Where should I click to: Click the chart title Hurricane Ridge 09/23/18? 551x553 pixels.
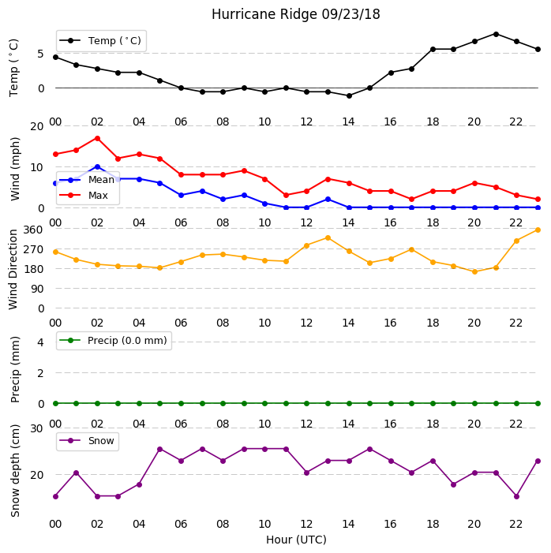coord(296,14)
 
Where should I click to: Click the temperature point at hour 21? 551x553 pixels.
coord(496,34)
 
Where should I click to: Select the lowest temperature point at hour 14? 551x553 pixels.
coord(349,95)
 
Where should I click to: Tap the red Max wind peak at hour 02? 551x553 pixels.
coord(97,138)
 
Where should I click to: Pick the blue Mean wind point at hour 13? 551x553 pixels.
coord(328,200)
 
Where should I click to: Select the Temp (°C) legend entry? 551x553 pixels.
coord(100,41)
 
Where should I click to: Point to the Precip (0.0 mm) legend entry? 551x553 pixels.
coord(114,340)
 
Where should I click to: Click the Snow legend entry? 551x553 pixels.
coord(87,441)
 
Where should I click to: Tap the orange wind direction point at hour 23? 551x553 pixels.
coord(538,230)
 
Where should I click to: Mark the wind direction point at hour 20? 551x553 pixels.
coord(474,271)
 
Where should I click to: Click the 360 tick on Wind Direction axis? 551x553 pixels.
coord(33,230)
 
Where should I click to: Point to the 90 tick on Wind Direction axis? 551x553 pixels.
coord(37,289)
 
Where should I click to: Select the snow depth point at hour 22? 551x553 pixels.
coord(517,496)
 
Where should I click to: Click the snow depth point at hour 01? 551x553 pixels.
coord(76,473)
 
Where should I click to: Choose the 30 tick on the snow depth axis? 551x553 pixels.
coord(36,428)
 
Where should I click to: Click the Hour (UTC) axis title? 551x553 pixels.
coord(296,540)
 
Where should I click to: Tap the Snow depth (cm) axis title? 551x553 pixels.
coord(15,470)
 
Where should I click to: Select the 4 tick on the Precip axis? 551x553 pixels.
coord(40,342)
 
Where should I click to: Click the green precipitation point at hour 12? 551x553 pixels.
coord(306,403)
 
